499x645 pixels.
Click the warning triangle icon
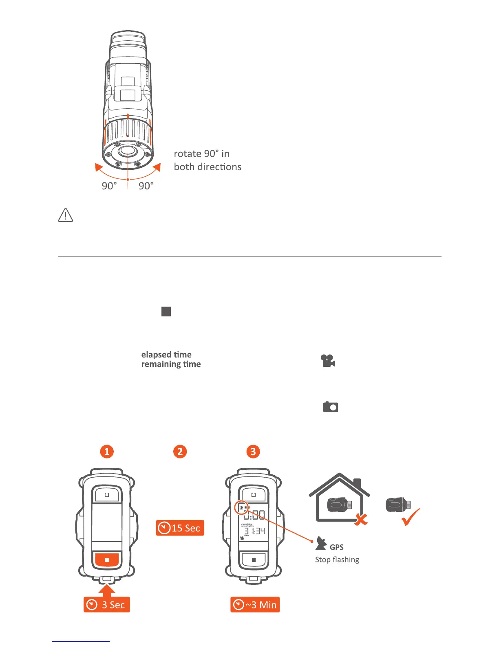coord(66,215)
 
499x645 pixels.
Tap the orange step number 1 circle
coord(107,451)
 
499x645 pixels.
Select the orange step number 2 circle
coord(180,451)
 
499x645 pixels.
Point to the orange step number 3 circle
coord(253,451)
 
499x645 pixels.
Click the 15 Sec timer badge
coord(180,528)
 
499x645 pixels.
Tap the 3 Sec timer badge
coord(107,605)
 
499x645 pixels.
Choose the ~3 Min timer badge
coord(255,605)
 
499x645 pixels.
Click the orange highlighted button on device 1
coord(107,560)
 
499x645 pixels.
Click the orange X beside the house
coord(361,519)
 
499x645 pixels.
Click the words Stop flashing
coord(337,559)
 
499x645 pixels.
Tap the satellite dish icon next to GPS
coord(321,543)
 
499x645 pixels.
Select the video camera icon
coord(328,361)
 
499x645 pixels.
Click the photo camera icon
coord(331,407)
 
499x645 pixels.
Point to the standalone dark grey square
coord(166,312)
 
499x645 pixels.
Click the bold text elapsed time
coord(166,355)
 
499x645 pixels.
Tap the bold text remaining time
coord(171,364)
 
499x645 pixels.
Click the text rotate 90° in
coord(201,154)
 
